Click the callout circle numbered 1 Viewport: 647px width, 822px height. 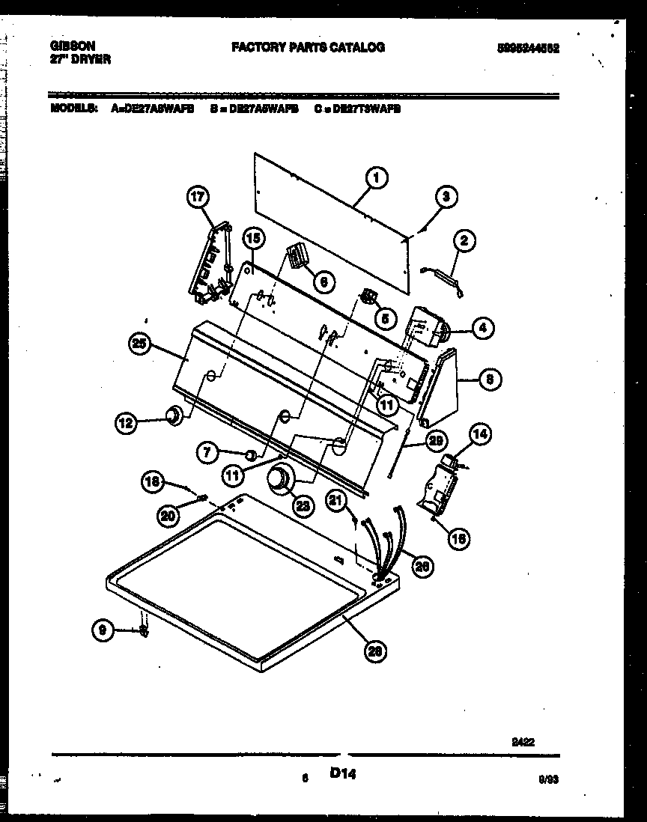[377, 178]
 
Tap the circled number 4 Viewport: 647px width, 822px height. [482, 327]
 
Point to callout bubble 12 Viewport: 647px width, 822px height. [126, 424]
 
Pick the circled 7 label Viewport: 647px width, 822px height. [207, 451]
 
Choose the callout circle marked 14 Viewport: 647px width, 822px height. [480, 433]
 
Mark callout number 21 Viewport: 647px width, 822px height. [337, 502]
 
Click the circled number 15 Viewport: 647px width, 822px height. [254, 240]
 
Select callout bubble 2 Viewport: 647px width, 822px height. [464, 241]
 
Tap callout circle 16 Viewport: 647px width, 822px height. [459, 536]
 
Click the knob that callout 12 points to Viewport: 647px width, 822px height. [174, 416]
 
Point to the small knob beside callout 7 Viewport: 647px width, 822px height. [254, 454]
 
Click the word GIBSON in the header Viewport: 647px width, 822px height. [73, 46]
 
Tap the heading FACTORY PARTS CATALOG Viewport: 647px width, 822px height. [308, 47]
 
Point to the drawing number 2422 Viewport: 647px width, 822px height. [523, 741]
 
